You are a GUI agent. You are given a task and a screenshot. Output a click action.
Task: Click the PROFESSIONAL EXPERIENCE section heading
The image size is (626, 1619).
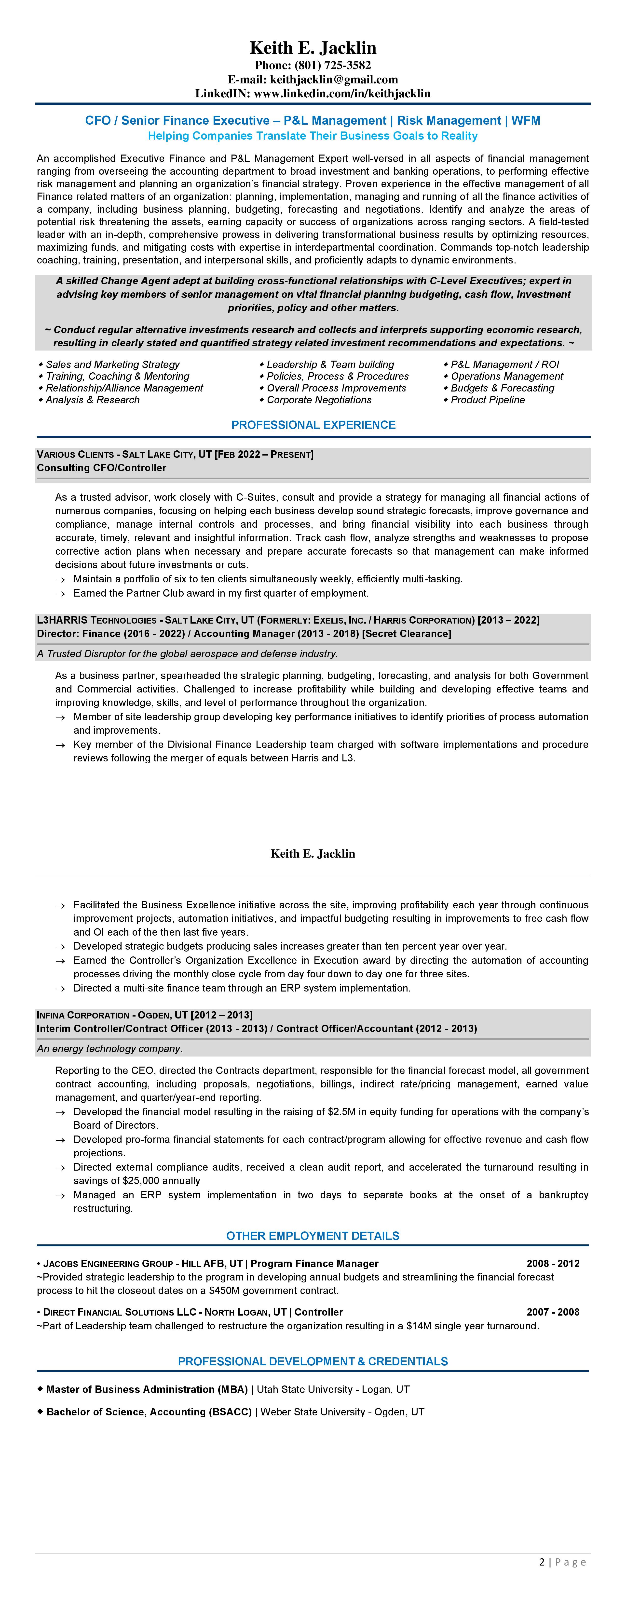pos(313,425)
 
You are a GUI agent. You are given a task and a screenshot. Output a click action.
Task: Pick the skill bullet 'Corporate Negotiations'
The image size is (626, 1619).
pos(319,400)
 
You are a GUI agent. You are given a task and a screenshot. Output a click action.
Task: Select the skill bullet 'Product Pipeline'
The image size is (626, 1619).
pos(488,400)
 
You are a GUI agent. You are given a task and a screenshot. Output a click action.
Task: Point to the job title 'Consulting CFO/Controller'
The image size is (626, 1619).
pos(101,468)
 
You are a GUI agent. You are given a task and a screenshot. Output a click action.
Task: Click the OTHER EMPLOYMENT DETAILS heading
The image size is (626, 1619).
pos(313,1236)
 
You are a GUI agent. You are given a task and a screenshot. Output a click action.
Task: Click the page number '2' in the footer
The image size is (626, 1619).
pos(542,1562)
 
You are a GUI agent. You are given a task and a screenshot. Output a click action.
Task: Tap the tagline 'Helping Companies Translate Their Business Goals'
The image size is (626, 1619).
pos(313,136)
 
